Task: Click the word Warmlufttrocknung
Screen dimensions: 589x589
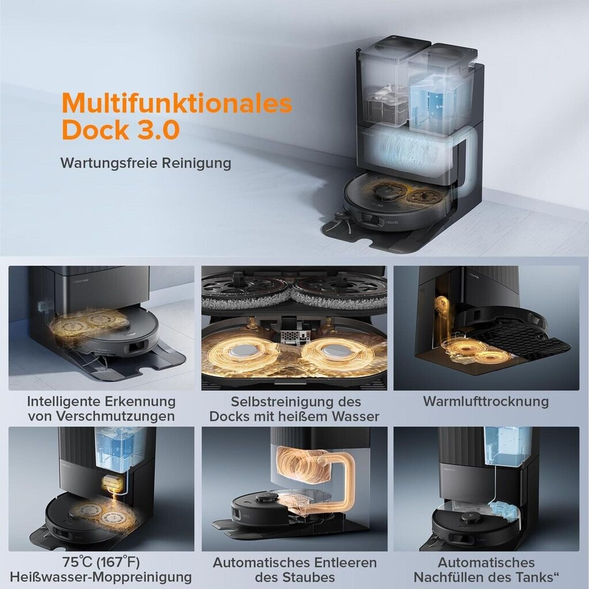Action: (x=485, y=401)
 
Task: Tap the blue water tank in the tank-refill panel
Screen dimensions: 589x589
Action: (x=507, y=446)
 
